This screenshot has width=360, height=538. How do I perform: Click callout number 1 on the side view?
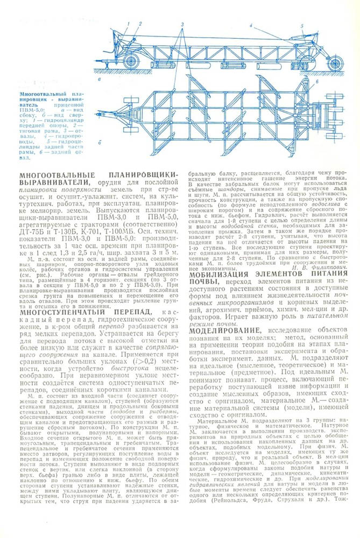(130, 24)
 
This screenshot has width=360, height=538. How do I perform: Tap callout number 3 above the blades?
(182, 25)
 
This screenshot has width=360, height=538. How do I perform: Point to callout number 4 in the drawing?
(250, 25)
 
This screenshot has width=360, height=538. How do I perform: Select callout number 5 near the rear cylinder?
(302, 25)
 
